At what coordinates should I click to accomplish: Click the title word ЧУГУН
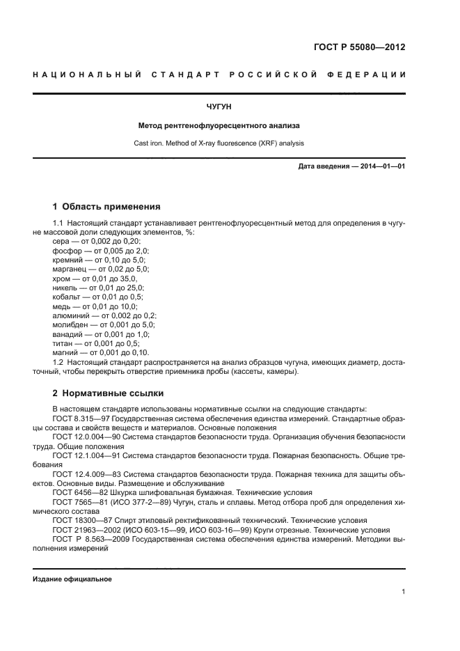click(219, 107)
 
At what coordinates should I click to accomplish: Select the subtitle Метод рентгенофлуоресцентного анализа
click(219, 127)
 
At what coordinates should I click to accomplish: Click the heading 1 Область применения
click(106, 206)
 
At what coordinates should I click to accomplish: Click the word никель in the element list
click(66, 287)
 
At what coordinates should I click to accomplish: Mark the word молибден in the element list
click(70, 324)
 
